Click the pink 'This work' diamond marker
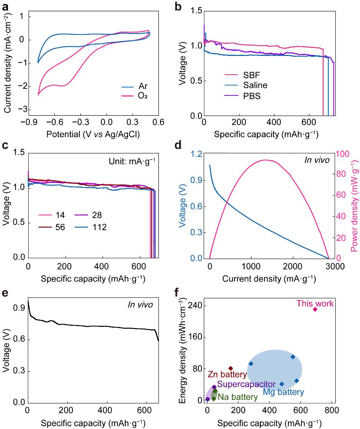tap(315, 309)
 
